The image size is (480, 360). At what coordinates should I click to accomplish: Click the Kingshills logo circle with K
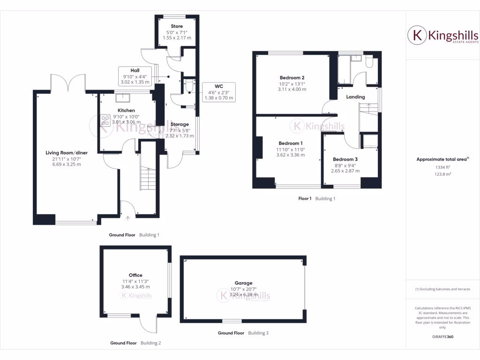point(416,36)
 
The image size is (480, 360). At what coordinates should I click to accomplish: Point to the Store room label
point(177,26)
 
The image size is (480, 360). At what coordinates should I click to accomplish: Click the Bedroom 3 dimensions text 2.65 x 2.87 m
point(346,171)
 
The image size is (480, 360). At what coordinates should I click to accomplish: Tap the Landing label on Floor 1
point(356,97)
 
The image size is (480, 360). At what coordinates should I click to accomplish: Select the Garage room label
point(244,283)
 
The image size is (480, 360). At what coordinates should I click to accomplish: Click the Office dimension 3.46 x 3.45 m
point(135,286)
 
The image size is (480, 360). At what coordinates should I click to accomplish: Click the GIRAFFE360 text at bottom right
point(442,337)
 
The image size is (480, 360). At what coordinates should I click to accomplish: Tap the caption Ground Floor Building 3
point(243,333)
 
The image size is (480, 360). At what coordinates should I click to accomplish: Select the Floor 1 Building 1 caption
point(317,199)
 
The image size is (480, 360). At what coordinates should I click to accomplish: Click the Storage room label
point(180,124)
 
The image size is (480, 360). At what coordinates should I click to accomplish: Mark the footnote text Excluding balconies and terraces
point(442,289)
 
